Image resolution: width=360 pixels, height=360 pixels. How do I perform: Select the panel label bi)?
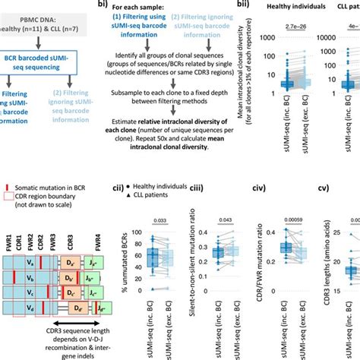point(101,4)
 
